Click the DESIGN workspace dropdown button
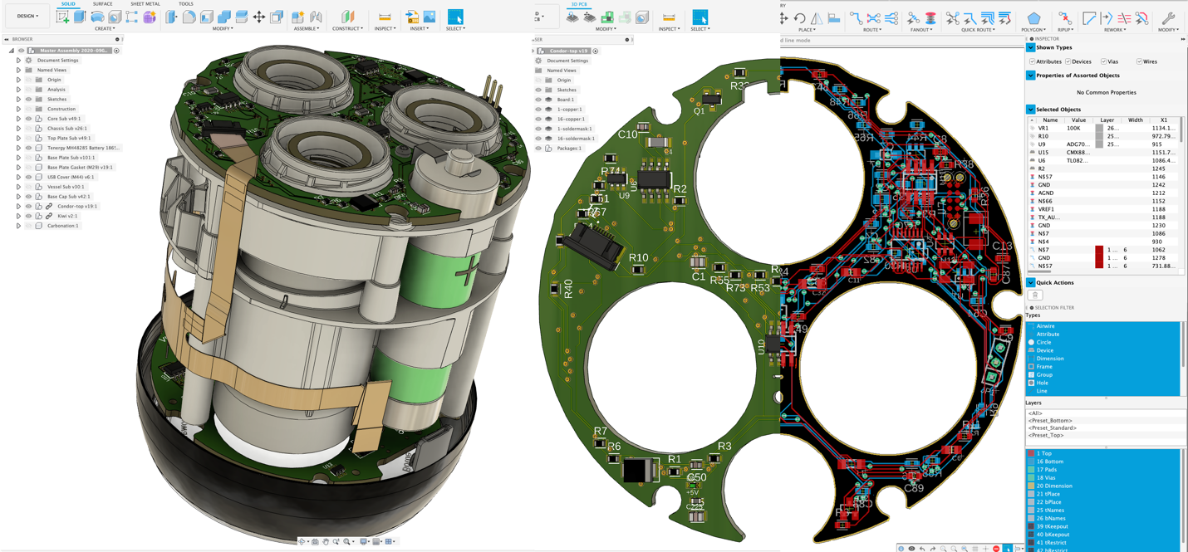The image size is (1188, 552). (27, 16)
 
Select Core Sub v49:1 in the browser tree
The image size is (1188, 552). (64, 119)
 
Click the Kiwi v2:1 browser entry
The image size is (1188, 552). (67, 216)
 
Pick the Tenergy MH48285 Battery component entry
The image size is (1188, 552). (84, 148)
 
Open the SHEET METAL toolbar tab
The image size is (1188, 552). (145, 4)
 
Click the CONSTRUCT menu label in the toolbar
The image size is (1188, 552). (346, 29)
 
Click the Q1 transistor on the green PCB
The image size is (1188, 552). (699, 110)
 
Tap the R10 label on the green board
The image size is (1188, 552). (638, 258)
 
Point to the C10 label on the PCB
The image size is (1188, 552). (627, 134)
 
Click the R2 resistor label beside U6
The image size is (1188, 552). (680, 189)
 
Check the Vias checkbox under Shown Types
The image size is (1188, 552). (1103, 61)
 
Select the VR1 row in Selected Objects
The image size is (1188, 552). (1043, 128)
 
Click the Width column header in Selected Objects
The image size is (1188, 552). (1135, 120)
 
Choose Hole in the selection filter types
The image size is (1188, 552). (1042, 383)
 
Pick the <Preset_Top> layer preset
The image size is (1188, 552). (1051, 435)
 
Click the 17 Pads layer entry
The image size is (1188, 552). (1048, 470)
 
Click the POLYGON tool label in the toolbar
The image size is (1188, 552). (1033, 30)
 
